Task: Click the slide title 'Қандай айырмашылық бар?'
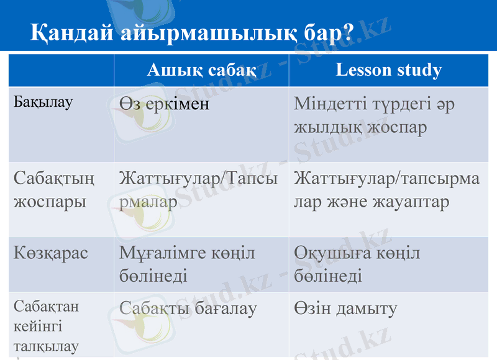coord(191,33)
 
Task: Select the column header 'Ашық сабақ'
coord(201,70)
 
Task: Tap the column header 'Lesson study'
coord(388,70)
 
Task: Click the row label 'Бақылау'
coord(43,102)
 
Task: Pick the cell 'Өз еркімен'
coord(165,104)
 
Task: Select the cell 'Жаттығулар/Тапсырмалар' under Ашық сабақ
coord(198,190)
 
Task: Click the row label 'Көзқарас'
coord(51,253)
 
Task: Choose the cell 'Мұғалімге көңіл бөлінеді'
coord(187,264)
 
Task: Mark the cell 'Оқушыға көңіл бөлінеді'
coord(357,264)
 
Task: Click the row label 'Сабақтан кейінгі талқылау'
coord(46,326)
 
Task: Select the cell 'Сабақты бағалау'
coord(188,308)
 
